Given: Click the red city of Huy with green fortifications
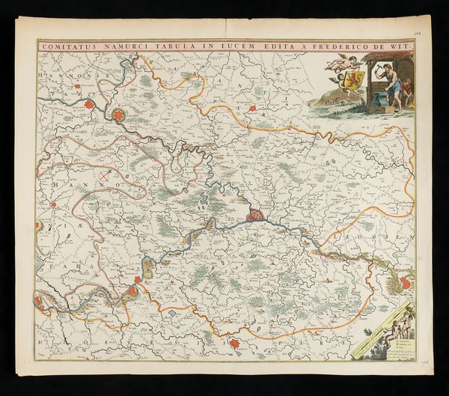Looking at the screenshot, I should tap(406, 283).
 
